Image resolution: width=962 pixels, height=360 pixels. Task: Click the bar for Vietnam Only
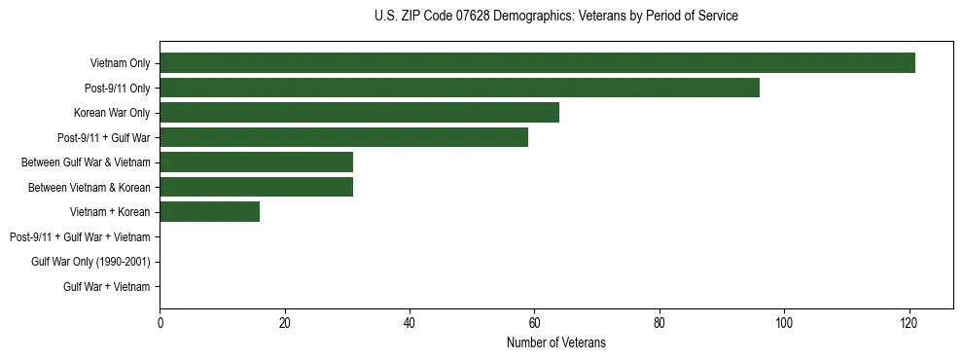click(537, 63)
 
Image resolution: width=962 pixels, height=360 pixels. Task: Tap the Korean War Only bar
click(359, 113)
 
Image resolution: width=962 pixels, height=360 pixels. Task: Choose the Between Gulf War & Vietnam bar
click(256, 162)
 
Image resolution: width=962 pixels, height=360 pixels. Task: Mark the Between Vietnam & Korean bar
click(256, 187)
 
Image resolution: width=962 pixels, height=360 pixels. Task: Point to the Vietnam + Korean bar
click(209, 212)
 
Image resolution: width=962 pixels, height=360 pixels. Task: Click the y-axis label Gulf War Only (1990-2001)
click(90, 262)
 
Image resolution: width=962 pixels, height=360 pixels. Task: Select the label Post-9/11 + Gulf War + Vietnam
click(80, 236)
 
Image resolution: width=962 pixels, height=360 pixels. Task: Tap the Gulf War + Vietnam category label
click(106, 286)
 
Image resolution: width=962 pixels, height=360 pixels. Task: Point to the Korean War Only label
click(112, 113)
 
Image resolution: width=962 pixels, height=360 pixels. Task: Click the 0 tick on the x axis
click(160, 324)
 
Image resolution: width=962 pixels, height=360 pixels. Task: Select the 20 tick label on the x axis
click(284, 324)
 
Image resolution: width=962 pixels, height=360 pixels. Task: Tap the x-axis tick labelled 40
click(410, 324)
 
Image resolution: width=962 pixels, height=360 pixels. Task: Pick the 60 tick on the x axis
click(534, 324)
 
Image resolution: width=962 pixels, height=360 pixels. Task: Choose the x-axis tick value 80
click(659, 324)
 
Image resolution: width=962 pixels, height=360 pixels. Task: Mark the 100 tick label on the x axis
click(784, 324)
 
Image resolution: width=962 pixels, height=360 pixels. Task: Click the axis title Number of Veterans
click(555, 342)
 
